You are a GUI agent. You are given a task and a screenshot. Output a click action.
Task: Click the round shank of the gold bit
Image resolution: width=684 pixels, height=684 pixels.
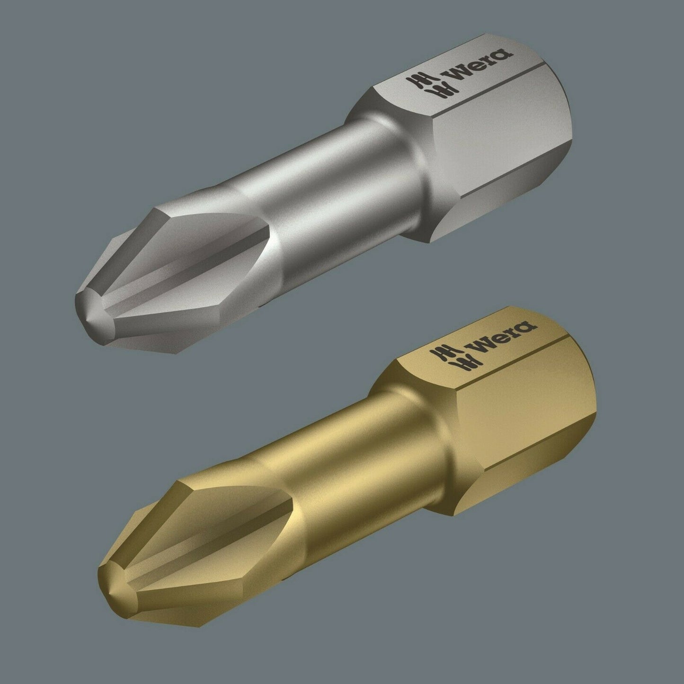(355, 458)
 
